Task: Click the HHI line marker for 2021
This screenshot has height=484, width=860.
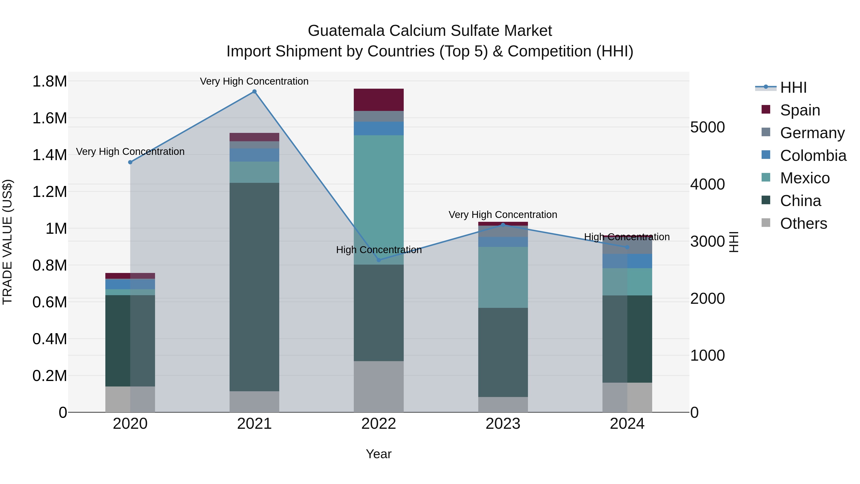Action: tap(254, 92)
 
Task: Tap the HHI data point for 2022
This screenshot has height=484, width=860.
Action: tap(379, 260)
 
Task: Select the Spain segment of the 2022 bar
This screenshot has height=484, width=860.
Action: tap(379, 99)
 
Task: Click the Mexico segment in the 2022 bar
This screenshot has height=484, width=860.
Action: tap(379, 200)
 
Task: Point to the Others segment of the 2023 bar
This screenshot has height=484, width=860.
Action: tap(503, 404)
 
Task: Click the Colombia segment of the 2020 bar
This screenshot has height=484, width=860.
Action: tap(130, 284)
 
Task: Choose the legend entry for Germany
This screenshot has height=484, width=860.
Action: tap(812, 133)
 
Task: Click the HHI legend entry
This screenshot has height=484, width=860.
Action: tap(793, 87)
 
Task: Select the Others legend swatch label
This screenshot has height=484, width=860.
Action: tap(803, 223)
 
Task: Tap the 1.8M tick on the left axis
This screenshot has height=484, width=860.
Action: tap(50, 82)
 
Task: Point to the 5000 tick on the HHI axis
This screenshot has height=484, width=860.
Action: tap(707, 127)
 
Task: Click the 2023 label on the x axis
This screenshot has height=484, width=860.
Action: tap(503, 424)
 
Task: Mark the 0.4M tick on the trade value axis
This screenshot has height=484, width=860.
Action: tap(50, 339)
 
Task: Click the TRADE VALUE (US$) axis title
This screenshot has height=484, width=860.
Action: tap(8, 242)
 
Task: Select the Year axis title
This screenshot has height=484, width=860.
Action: tap(379, 454)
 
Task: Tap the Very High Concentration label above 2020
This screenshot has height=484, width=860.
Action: tap(130, 152)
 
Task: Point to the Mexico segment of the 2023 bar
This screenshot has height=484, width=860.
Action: tap(503, 277)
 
